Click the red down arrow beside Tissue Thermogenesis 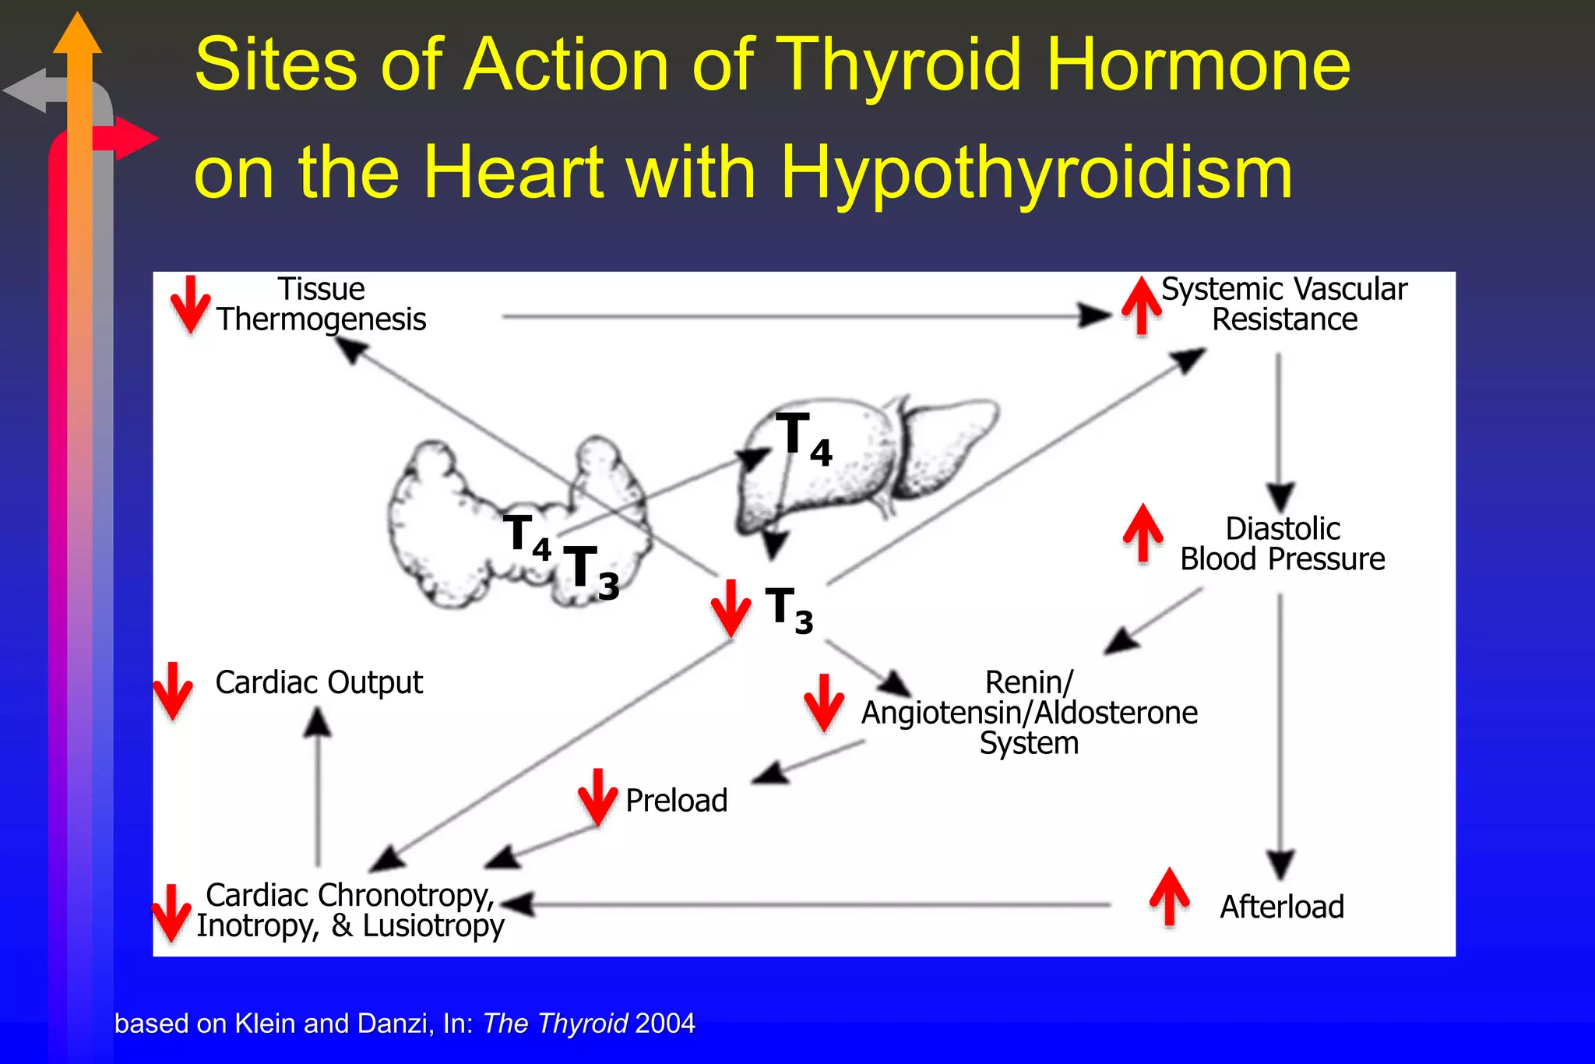190,305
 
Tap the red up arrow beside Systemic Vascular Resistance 1142,305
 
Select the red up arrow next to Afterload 1169,897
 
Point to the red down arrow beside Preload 597,797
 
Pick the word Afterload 1282,907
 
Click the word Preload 676,801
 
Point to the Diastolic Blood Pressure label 1282,544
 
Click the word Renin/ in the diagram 1029,682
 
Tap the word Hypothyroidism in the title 1036,172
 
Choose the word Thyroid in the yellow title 900,65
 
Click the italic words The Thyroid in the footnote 555,1023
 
